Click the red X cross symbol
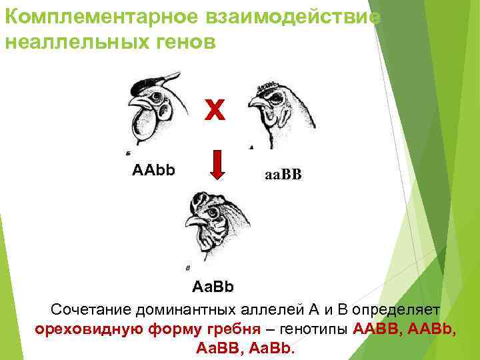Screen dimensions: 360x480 [215, 111]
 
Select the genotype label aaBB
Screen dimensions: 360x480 [283, 175]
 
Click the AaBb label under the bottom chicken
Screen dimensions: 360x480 [213, 287]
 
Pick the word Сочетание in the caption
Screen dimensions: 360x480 [91, 309]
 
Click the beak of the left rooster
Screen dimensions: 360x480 [137, 103]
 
